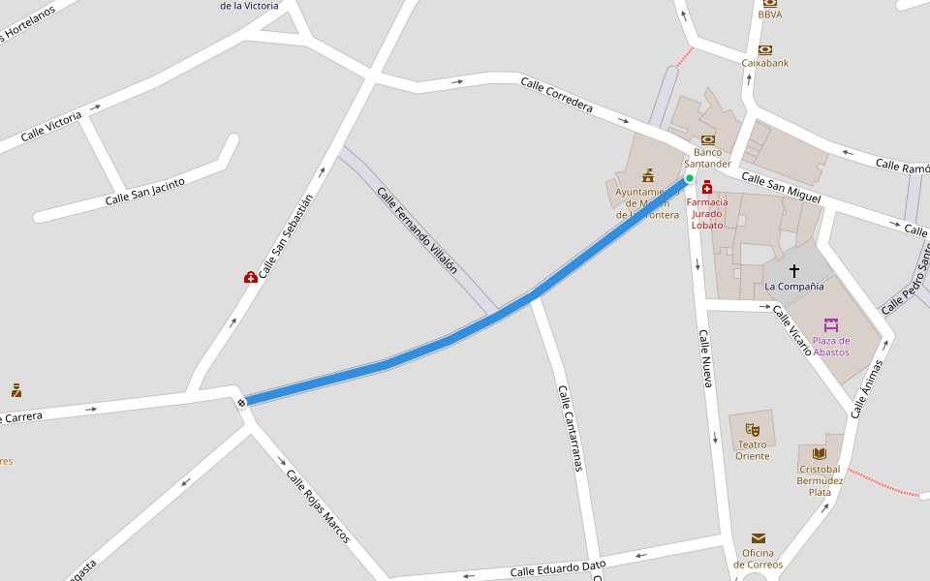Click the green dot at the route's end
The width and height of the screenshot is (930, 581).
click(690, 178)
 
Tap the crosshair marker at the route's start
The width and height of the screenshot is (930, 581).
click(241, 402)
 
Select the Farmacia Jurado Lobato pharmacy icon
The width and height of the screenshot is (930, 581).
click(707, 187)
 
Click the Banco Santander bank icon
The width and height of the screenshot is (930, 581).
click(708, 139)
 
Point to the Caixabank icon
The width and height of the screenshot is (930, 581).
click(765, 49)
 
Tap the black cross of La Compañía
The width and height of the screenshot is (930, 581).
click(794, 271)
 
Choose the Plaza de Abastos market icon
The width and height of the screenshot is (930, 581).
click(830, 325)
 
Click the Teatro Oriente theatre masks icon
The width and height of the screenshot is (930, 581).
click(753, 429)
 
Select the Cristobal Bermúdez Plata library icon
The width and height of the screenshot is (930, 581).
click(820, 453)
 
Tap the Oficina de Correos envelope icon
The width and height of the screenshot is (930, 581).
click(758, 538)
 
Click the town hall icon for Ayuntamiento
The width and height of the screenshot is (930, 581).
click(648, 175)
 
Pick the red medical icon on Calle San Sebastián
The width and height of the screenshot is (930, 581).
click(251, 277)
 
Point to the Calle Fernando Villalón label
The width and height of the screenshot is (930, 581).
click(417, 230)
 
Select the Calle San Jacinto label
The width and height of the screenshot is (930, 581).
click(144, 192)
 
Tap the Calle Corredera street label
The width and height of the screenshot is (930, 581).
click(556, 95)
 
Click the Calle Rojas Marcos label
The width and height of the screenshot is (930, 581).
click(318, 505)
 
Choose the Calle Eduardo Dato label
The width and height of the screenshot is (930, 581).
click(558, 568)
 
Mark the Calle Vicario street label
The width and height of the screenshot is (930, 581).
click(792, 330)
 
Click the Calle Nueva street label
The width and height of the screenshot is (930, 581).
click(706, 359)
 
